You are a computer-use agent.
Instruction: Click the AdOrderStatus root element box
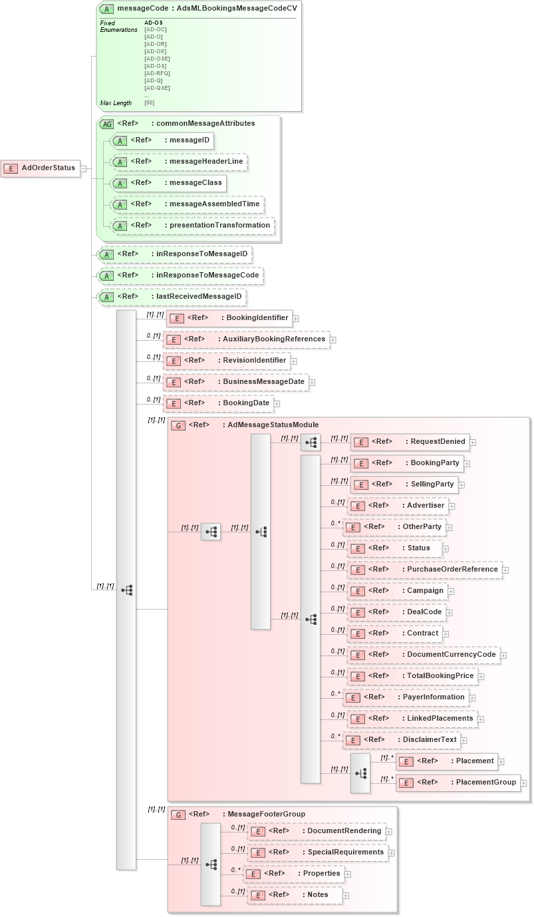coord(41,168)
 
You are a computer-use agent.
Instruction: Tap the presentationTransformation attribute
coord(193,226)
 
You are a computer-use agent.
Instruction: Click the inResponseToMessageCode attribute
coord(180,275)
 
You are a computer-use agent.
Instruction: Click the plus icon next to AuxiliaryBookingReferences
coord(333,340)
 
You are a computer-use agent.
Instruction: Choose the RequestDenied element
coord(410,441)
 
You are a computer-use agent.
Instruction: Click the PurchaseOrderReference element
coord(424,570)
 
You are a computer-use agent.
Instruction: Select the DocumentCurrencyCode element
coord(424,655)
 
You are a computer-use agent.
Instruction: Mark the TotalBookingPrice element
coord(413,676)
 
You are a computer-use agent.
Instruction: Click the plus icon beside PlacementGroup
coord(524,783)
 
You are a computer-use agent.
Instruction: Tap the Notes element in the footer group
coord(297,895)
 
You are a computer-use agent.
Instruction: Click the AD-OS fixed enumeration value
coord(154,23)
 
